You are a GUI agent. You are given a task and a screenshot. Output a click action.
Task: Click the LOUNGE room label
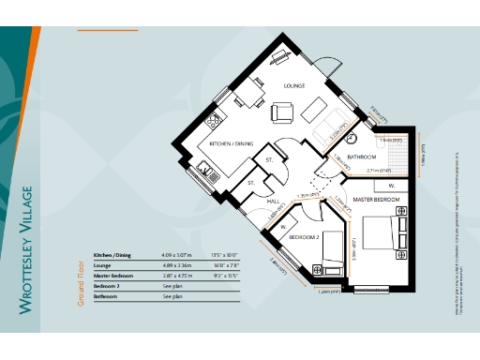(x=296, y=85)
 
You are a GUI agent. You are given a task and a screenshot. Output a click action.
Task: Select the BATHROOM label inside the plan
(x=362, y=157)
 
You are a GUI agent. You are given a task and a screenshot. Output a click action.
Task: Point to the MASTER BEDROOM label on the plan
(x=377, y=200)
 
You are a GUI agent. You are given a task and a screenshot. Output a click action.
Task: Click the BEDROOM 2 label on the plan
(x=306, y=238)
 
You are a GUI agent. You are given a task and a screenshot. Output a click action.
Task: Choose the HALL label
(x=274, y=201)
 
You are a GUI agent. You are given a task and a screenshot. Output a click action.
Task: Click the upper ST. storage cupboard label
(x=269, y=160)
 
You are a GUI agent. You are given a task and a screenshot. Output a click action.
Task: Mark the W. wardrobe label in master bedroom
(x=391, y=185)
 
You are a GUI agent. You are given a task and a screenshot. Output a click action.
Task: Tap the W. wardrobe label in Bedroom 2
(x=283, y=226)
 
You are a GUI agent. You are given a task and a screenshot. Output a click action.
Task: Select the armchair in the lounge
(x=282, y=112)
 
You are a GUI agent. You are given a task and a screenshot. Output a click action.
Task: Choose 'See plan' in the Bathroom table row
(x=172, y=296)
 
